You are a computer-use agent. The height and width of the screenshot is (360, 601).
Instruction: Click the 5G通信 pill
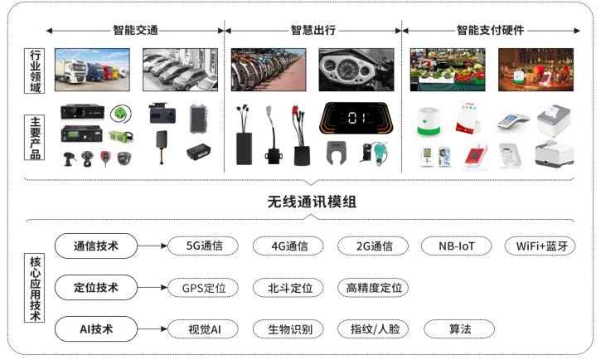point(203,246)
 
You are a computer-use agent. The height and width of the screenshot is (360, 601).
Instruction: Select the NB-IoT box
point(456,246)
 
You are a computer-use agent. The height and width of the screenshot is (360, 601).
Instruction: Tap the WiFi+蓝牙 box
point(540,246)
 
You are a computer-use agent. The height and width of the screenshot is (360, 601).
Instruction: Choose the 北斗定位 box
point(288,288)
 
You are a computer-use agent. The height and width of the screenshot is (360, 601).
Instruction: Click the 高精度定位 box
point(373,288)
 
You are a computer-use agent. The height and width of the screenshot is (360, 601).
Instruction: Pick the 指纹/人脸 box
point(373,329)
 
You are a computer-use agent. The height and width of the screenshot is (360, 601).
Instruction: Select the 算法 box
point(458,329)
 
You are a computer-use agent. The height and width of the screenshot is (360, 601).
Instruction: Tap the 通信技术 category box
point(96,246)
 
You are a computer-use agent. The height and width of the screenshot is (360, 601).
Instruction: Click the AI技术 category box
point(96,329)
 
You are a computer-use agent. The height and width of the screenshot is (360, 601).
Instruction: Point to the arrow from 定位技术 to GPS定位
point(153,288)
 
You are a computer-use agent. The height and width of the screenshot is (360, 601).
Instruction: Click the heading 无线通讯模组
point(312,202)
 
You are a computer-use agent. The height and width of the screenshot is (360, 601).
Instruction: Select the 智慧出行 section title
point(313,31)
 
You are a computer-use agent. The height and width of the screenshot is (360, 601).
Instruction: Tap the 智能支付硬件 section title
point(490,31)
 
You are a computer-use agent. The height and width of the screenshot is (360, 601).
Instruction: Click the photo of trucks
point(92,70)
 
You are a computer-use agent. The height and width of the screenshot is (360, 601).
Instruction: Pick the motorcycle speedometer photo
point(356,70)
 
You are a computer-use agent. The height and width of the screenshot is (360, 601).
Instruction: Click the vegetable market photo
point(448,70)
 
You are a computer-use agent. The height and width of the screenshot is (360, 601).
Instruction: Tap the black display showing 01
point(356,118)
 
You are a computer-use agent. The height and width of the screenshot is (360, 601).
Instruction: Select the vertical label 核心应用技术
point(35,288)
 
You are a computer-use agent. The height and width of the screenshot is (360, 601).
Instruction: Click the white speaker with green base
point(429,122)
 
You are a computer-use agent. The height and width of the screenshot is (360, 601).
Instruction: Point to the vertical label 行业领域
point(35,71)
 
